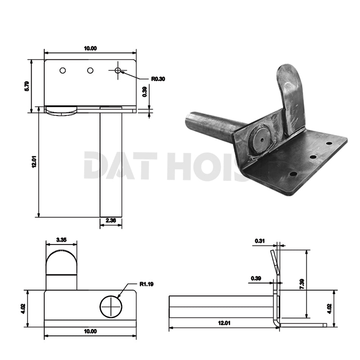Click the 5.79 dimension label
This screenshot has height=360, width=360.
pos(26,86)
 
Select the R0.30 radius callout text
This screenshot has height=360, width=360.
pos(158,79)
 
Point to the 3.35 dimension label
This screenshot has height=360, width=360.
pos(61,239)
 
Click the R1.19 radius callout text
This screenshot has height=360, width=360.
pos(147,283)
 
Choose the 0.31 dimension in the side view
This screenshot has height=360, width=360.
pos(260,241)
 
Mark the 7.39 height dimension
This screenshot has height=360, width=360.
pos(302,283)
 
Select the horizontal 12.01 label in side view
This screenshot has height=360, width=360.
pos(224,323)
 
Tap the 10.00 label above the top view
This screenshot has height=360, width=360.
pos(90,48)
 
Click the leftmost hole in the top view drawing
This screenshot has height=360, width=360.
pos(63,70)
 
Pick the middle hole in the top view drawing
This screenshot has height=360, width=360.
pos(90,70)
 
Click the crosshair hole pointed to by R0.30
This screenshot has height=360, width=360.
pos(118,70)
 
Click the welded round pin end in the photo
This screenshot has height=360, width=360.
pos(261,139)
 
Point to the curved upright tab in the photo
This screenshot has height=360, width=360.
pos(290,95)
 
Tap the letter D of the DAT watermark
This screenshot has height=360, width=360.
pos(94,166)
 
